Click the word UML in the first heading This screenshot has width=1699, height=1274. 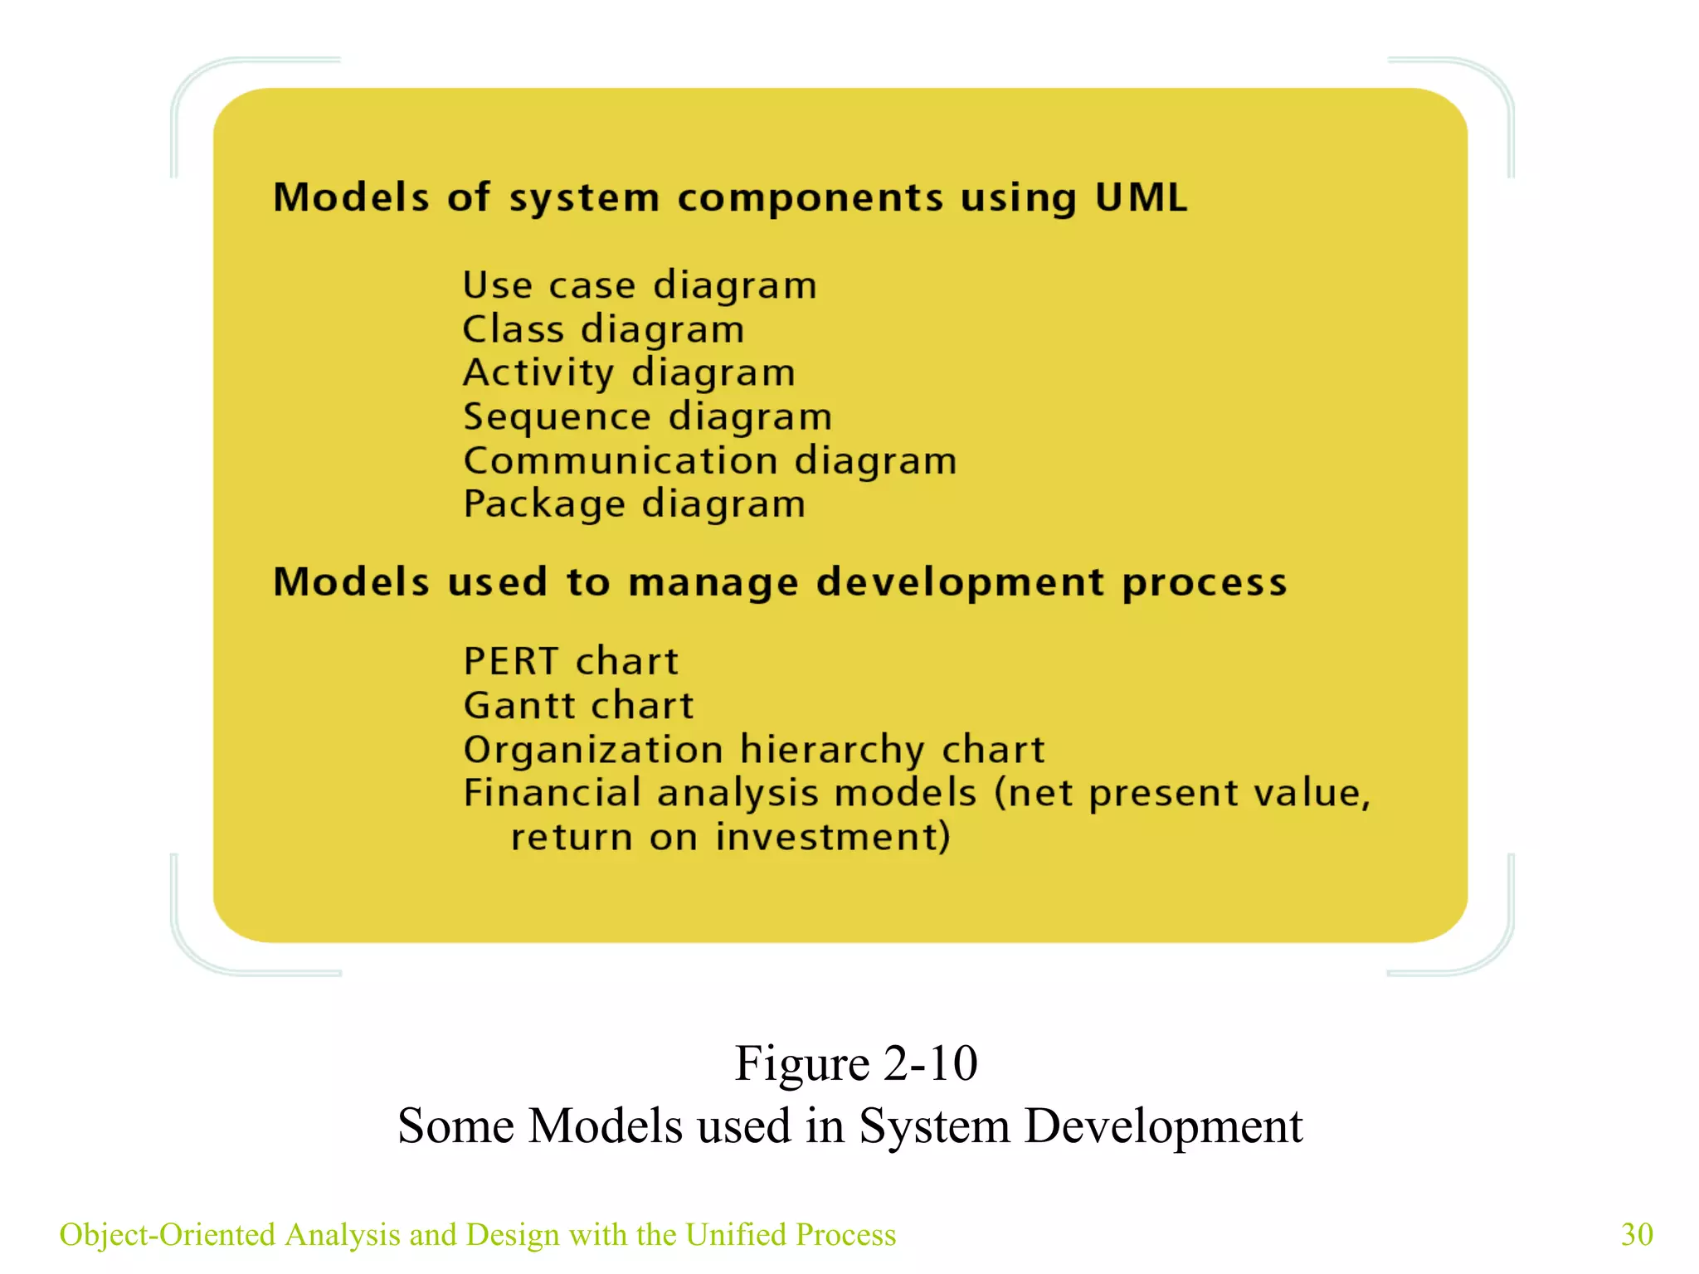(1141, 197)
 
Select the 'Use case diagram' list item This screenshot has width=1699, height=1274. (640, 286)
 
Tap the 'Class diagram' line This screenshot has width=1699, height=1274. (603, 330)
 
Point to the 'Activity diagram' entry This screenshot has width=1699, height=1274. (629, 373)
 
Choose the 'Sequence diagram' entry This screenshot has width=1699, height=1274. (647, 417)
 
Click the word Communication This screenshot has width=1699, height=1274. (621, 461)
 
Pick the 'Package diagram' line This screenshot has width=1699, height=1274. (634, 505)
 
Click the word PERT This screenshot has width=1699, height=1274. (510, 662)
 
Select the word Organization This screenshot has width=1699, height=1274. (593, 750)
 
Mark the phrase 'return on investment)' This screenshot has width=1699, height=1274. (730, 837)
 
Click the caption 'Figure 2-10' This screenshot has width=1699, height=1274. (856, 1063)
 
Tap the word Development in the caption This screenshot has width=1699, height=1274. (1163, 1126)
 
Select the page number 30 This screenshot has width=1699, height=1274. (1637, 1234)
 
